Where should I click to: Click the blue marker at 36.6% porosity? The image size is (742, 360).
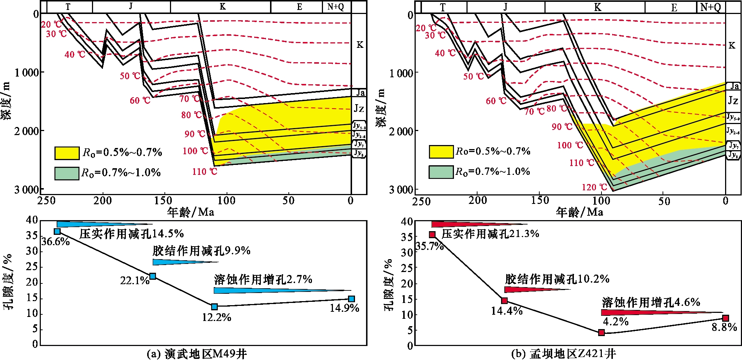point(57,232)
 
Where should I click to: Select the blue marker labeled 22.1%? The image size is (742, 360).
point(153,276)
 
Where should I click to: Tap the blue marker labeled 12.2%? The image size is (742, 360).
point(214,307)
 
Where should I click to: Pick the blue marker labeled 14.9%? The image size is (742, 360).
point(351,299)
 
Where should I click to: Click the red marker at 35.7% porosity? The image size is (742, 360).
point(432,235)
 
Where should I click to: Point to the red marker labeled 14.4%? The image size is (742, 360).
point(504,301)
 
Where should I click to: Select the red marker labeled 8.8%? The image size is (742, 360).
point(725,318)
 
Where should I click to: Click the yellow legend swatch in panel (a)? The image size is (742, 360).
point(67,153)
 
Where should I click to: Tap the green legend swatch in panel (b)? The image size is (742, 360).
point(441,172)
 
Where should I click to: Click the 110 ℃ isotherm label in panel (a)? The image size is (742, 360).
point(205,172)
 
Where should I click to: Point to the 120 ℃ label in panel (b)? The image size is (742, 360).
point(594,187)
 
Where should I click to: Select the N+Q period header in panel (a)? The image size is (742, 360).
point(336,7)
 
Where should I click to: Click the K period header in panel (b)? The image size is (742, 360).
point(597,7)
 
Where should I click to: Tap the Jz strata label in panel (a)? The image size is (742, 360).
point(359,109)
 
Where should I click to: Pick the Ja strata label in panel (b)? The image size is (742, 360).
point(734,86)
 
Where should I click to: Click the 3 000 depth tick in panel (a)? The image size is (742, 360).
point(26,190)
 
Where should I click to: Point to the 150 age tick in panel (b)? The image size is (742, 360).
point(539,201)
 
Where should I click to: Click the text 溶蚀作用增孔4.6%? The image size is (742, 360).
point(651,303)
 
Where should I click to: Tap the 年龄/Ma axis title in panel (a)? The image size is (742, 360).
point(191,212)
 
